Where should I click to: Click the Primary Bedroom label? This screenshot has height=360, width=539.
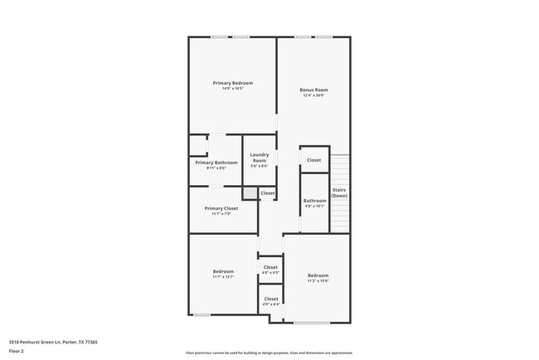tap(232, 83)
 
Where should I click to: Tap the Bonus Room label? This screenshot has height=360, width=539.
tap(313, 90)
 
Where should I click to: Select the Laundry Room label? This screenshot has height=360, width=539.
tap(260, 157)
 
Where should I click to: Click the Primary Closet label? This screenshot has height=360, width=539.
tap(221, 208)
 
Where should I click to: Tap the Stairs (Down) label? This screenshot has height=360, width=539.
tap(339, 192)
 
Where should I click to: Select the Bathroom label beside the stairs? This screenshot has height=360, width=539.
tap(314, 200)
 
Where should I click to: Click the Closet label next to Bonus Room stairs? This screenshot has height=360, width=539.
tap(313, 160)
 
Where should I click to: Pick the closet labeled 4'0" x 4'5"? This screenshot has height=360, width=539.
tap(270, 267)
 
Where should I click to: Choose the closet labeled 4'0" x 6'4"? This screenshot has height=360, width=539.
tap(270, 299)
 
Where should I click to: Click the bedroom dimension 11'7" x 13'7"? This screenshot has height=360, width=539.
tap(223, 277)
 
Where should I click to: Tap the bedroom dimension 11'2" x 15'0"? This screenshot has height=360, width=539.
tap(318, 281)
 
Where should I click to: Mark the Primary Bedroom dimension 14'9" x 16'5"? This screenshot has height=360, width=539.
tap(232, 89)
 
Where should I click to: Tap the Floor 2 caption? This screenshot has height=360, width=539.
tap(17, 351)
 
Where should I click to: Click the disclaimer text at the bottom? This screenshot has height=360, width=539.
tap(269, 353)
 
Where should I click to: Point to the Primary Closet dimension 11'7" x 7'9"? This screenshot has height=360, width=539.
tap(221, 214)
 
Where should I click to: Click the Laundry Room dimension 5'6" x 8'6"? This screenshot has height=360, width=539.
tap(260, 166)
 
